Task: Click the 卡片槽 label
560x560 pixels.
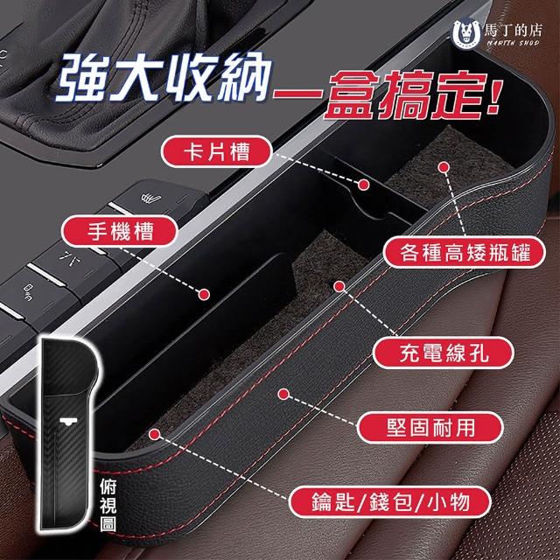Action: tap(216, 151)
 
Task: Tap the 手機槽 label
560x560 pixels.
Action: tap(120, 231)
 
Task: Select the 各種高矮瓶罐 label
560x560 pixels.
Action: tap(465, 252)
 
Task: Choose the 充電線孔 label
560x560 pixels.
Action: tap(444, 353)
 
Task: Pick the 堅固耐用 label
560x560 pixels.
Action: tap(430, 428)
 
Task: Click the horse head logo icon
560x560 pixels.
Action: tap(466, 35)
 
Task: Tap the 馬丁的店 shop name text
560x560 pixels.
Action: tap(513, 31)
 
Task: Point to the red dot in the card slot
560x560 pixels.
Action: tap(364, 185)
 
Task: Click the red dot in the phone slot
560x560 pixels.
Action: tap(204, 294)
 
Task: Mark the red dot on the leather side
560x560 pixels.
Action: tap(283, 394)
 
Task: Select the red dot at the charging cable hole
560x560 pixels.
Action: tap(339, 286)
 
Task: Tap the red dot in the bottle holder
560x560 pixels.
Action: tap(444, 167)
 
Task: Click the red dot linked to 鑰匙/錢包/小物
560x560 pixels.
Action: tap(154, 434)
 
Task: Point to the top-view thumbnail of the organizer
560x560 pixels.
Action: tap(68, 434)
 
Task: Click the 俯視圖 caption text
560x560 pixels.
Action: tap(108, 505)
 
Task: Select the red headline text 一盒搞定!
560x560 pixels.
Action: tap(388, 95)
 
